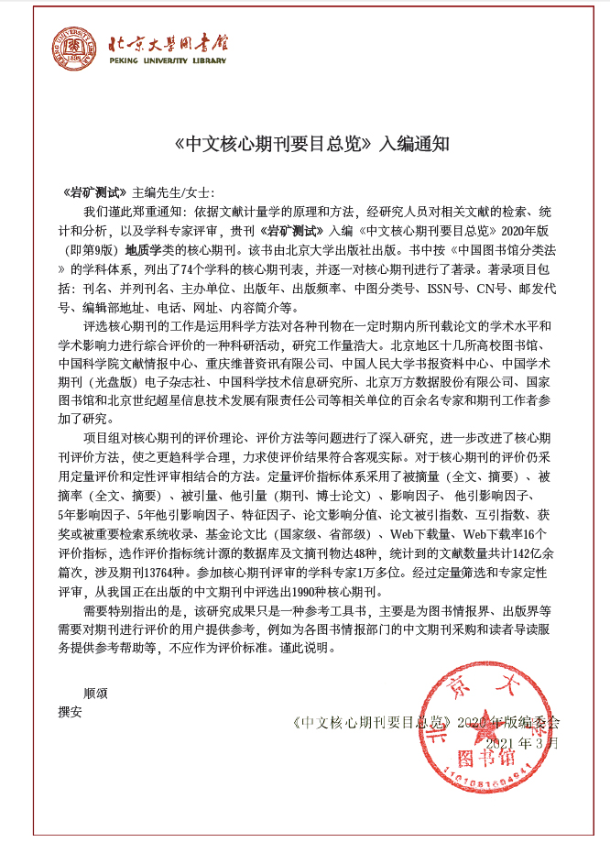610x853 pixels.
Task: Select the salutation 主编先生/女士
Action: pos(173,192)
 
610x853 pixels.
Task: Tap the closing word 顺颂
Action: pos(95,693)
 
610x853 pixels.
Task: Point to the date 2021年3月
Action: pos(521,742)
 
